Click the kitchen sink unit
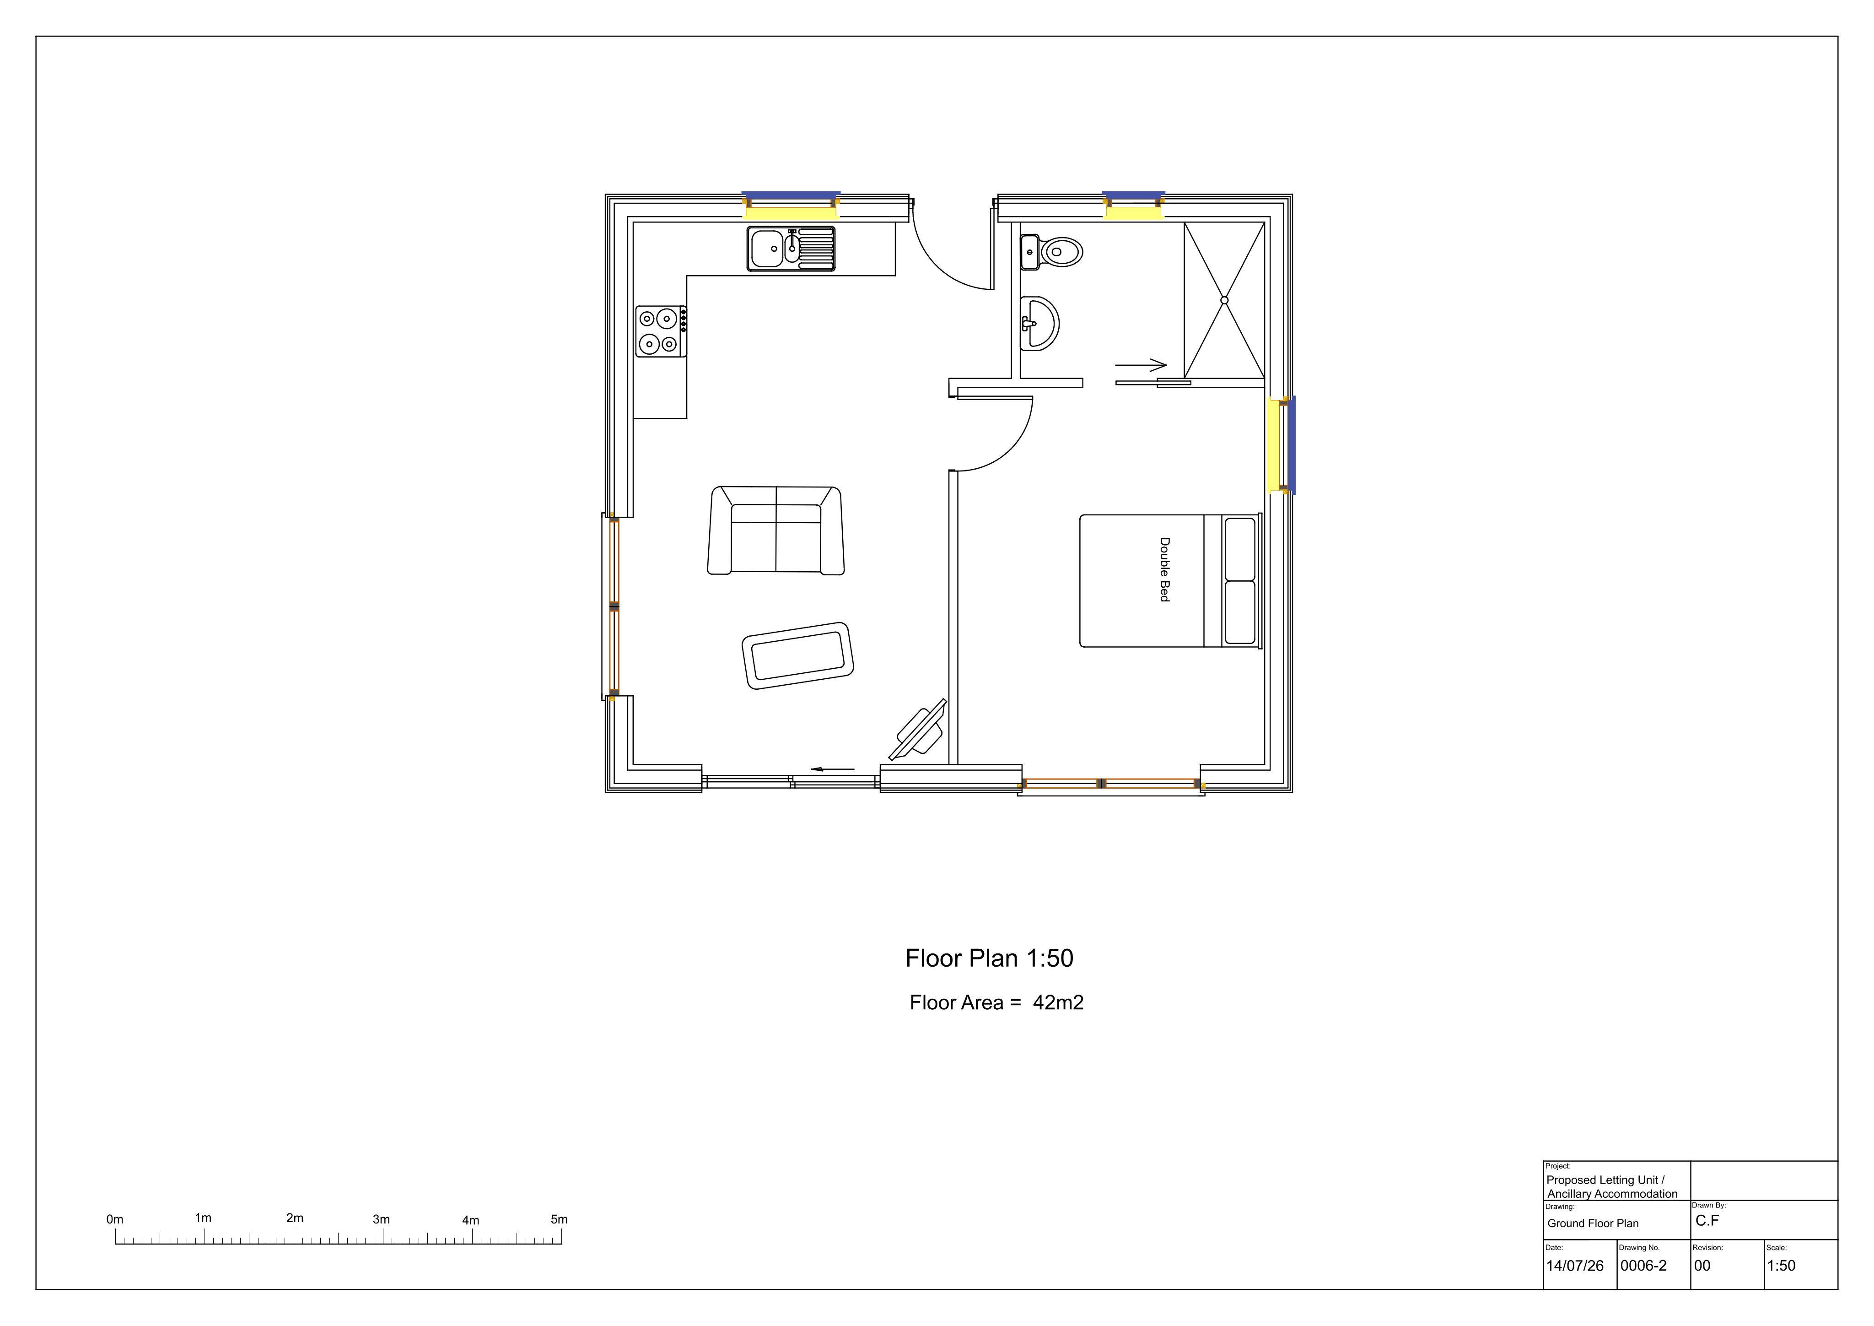[x=791, y=248]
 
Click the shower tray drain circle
[x=1224, y=300]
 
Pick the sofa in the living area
[x=775, y=531]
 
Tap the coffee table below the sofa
[x=797, y=655]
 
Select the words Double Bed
[x=1165, y=570]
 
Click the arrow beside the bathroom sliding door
[x=1141, y=365]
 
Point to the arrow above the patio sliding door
[x=833, y=769]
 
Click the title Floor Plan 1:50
[x=989, y=958]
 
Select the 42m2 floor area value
[x=1058, y=1003]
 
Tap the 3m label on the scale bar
[x=381, y=1219]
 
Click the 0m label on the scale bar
[x=115, y=1219]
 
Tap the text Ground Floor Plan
[x=1593, y=1223]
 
